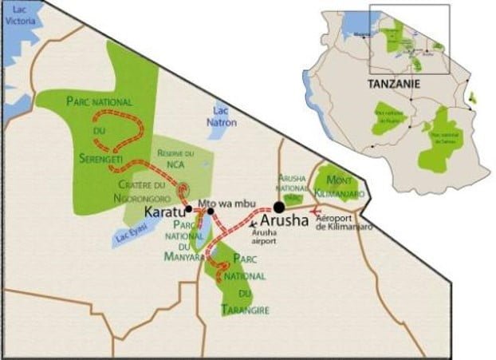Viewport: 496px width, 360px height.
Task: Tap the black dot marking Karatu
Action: tap(189, 210)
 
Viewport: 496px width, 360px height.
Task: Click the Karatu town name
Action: tap(163, 213)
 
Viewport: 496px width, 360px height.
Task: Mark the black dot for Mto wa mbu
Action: tap(211, 212)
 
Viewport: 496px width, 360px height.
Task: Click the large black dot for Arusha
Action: tap(278, 208)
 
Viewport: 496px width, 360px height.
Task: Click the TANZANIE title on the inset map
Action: tap(393, 83)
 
